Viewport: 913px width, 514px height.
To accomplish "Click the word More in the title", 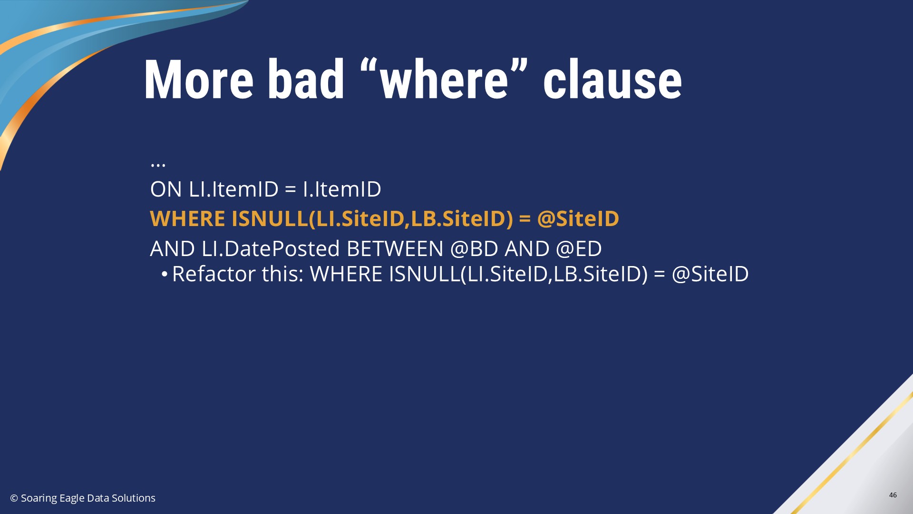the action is pos(199,79).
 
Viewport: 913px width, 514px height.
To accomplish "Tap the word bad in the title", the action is pos(306,79).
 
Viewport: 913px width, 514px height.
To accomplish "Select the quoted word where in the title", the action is pos(444,79).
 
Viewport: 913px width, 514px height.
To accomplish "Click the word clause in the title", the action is pos(612,79).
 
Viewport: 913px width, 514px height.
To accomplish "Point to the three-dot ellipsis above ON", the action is pos(158,165).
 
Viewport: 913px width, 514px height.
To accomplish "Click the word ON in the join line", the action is pos(166,189).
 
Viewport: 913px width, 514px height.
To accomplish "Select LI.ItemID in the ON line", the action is pos(233,189).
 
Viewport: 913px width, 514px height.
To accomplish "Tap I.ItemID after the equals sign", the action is pos(342,189).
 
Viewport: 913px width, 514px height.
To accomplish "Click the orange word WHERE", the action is pos(187,218).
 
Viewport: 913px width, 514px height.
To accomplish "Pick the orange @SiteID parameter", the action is pos(578,218).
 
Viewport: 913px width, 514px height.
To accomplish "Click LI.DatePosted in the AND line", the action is pos(271,248).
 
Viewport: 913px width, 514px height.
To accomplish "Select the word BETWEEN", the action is pos(395,248).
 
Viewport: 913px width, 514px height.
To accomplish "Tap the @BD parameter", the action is pos(474,248).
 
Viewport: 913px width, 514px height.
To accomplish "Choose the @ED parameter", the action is pos(579,248).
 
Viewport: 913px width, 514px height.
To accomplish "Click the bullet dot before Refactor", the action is pos(164,274).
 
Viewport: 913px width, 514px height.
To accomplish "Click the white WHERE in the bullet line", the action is pos(346,274).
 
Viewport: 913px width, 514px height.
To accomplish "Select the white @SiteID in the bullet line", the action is pos(710,274).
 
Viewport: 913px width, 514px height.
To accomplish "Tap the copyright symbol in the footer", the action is pos(14,498).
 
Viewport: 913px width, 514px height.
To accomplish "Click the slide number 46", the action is pos(893,495).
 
